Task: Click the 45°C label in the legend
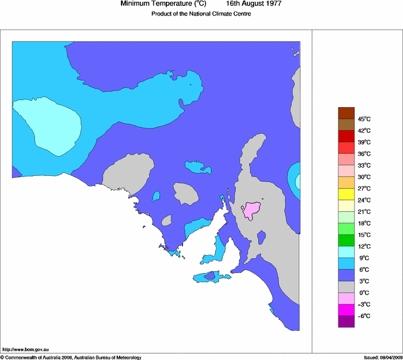(363, 119)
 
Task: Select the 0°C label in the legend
(363, 292)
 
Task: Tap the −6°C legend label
(363, 316)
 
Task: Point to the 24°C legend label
(363, 200)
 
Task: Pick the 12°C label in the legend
(363, 246)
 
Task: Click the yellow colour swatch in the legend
(346, 194)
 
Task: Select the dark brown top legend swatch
(346, 113)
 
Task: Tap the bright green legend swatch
(346, 229)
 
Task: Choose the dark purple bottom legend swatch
(346, 322)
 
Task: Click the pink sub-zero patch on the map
(253, 209)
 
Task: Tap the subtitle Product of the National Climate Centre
(201, 14)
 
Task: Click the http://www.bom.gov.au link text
(25, 349)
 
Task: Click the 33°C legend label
(363, 165)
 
